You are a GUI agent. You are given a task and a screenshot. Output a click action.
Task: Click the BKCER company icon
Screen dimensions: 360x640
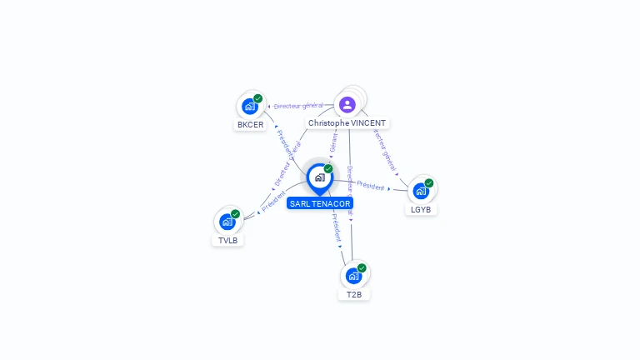click(248, 107)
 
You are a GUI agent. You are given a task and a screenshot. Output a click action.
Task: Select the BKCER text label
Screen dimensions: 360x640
click(250, 125)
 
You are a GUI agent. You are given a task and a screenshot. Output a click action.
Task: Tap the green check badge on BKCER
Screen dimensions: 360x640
click(258, 98)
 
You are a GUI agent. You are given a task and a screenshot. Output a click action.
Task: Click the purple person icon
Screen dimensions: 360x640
click(347, 104)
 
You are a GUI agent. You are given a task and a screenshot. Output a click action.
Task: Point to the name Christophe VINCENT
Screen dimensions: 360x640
click(347, 122)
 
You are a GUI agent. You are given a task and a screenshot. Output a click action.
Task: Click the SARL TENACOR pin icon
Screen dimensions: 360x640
click(319, 177)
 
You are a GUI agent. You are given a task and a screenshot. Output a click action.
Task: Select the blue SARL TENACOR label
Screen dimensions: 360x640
click(320, 203)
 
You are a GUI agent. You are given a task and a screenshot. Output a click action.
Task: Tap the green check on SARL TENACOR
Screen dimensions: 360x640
click(328, 168)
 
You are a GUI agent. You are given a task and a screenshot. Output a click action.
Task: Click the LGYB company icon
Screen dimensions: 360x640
click(420, 191)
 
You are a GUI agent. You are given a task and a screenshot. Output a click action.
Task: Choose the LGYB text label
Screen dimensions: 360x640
click(422, 209)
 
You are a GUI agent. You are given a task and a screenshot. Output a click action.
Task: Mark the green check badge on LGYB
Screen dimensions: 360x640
click(429, 182)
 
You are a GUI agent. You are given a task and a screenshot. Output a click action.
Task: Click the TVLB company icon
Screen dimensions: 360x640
click(227, 222)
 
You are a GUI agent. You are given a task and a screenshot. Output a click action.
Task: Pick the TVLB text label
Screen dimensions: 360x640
click(227, 240)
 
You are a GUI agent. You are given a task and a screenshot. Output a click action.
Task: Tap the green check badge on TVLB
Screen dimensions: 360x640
click(236, 214)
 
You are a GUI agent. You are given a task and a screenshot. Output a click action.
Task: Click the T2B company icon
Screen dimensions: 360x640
click(353, 276)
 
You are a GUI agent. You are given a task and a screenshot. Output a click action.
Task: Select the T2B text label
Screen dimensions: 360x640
click(354, 294)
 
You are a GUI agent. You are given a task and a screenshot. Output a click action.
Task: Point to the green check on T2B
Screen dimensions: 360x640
click(362, 267)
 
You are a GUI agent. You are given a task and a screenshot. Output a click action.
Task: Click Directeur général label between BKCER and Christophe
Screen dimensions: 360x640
click(298, 106)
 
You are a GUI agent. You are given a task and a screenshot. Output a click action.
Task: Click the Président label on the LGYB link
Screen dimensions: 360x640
click(371, 187)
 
